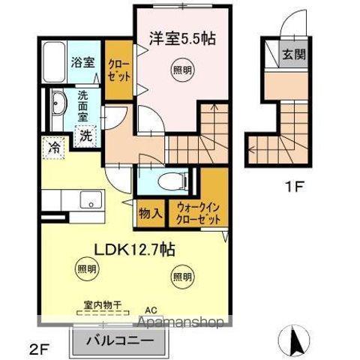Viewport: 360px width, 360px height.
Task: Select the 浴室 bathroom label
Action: [x=83, y=62]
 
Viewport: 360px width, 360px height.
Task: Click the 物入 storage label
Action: [x=149, y=212]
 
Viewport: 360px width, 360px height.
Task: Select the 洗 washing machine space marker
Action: [x=87, y=136]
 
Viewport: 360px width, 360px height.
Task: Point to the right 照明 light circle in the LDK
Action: [x=182, y=277]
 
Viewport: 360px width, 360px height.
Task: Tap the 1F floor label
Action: [x=293, y=188]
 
